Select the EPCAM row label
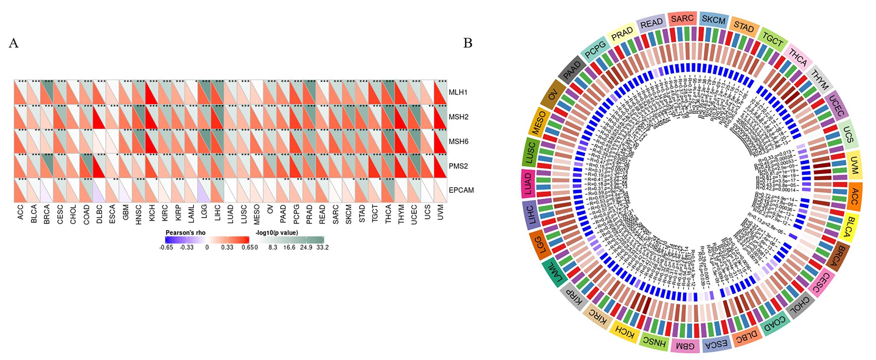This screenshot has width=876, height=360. tap(461, 190)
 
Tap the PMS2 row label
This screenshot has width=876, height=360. tap(458, 166)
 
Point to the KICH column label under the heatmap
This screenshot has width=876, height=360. tap(152, 213)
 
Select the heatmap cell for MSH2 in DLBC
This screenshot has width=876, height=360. tap(99, 117)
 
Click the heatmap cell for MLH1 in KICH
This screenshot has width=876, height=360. tap(152, 92)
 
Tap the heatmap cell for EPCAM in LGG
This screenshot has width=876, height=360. tap(204, 190)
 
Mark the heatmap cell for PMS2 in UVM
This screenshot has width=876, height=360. tap(440, 166)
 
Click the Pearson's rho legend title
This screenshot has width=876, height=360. tap(185, 233)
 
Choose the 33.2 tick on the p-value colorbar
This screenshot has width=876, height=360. tap(322, 247)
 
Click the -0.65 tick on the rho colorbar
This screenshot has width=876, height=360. tap(166, 247)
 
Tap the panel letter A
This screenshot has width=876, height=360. tap(13, 43)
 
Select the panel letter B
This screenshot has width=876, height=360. tap(467, 43)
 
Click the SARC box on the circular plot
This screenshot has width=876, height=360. tap(682, 18)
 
